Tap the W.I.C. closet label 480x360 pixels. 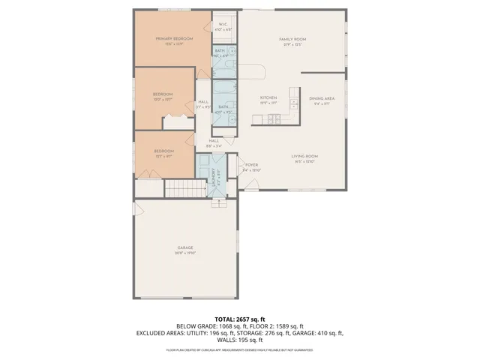pos(223,25)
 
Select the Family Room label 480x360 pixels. pos(292,39)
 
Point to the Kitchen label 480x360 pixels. pos(269,98)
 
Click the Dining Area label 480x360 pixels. pos(322,98)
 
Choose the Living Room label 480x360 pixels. pos(305,156)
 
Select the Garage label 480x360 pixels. pos(185,247)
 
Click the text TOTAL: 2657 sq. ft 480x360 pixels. pos(239,319)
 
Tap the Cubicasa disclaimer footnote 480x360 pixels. pos(239,349)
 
